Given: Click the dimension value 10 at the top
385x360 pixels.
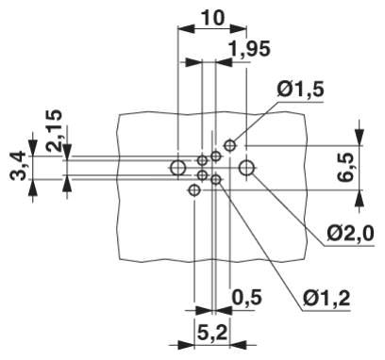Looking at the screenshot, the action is pos(212,18).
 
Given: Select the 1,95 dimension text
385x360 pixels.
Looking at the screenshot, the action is pos(249,49).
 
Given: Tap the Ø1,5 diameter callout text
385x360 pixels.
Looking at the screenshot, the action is pos(300,90).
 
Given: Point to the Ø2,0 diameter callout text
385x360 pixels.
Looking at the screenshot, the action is pos(350,234).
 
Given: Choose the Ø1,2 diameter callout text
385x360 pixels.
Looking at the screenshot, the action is pos(326,299).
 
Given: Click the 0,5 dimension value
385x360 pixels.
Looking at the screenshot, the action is pos(247,297).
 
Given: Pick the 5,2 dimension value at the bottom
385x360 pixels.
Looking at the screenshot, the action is pos(212,333).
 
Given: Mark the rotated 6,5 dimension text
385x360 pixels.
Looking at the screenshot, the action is pos(346,168).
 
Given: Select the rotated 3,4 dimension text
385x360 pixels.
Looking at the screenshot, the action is pos(18,165).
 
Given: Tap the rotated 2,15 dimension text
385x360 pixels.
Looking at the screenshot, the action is pos(54,131).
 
